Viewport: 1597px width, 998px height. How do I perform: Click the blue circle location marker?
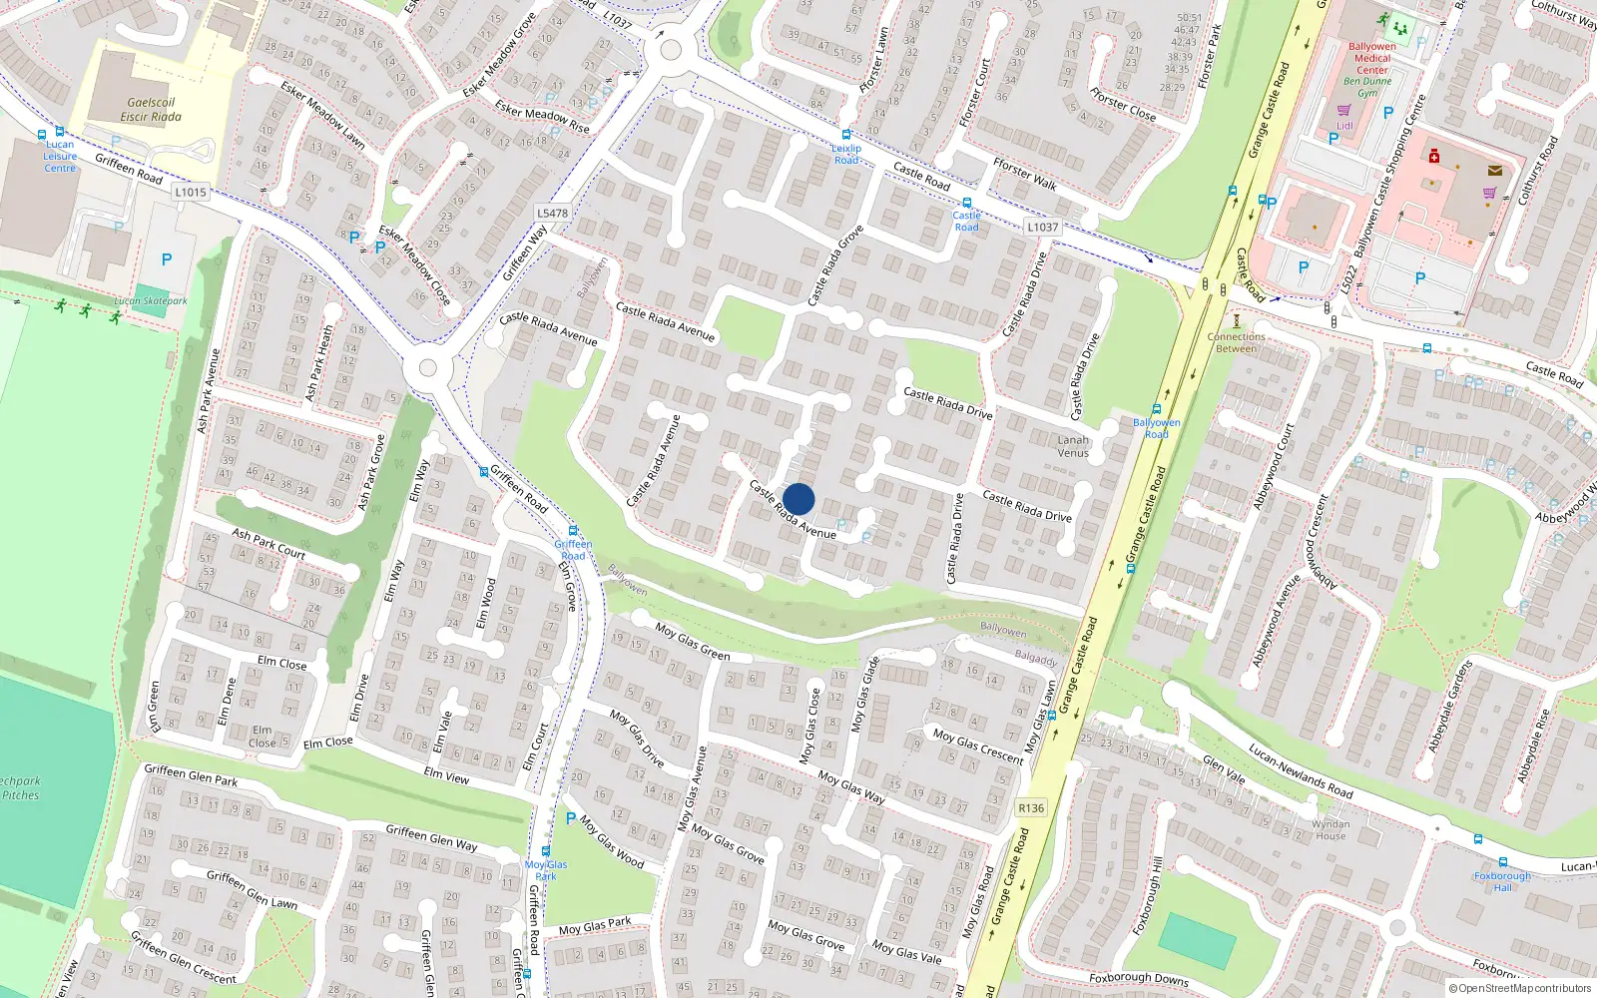798,499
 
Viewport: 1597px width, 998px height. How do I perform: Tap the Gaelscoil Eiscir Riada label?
151,110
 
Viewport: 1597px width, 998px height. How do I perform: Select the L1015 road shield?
190,192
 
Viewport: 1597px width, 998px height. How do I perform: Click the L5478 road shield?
552,213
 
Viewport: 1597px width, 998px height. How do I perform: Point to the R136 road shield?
1031,808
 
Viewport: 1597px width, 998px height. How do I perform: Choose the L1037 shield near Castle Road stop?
1042,228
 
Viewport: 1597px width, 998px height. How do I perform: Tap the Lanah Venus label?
1073,446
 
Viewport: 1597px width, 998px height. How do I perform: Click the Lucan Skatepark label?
150,300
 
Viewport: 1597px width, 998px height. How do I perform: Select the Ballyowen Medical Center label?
1372,58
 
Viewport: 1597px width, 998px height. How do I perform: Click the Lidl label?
1344,126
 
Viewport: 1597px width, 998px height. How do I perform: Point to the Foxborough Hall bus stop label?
1502,881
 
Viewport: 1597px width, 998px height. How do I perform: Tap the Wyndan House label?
1330,829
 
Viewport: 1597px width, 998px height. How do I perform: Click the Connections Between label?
1236,342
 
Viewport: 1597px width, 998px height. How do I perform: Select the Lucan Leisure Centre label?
60,156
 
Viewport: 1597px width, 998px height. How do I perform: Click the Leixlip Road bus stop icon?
846,135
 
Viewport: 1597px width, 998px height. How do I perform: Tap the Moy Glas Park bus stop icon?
546,851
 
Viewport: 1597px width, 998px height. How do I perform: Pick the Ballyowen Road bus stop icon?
1157,409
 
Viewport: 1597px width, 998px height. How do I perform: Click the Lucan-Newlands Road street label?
1301,771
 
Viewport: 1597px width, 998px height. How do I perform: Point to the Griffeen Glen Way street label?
431,837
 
